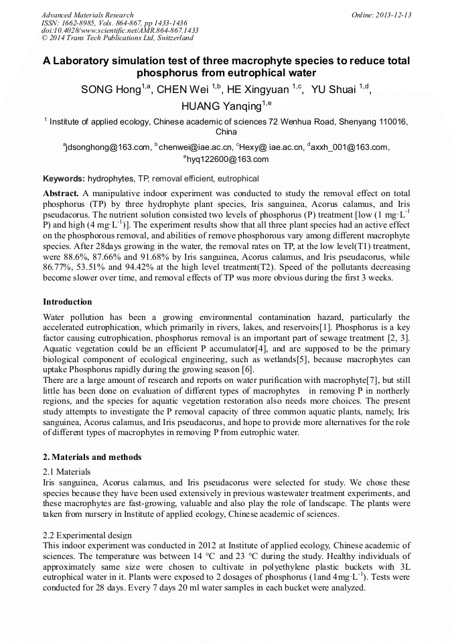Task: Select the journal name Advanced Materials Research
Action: [87, 15]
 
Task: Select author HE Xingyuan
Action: [258, 90]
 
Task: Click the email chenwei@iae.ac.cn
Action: [196, 147]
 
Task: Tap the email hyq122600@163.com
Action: [228, 159]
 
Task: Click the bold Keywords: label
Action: [64, 179]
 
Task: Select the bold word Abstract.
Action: [61, 193]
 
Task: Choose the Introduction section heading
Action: [68, 302]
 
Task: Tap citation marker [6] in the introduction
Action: [248, 370]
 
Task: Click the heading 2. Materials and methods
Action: [92, 457]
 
